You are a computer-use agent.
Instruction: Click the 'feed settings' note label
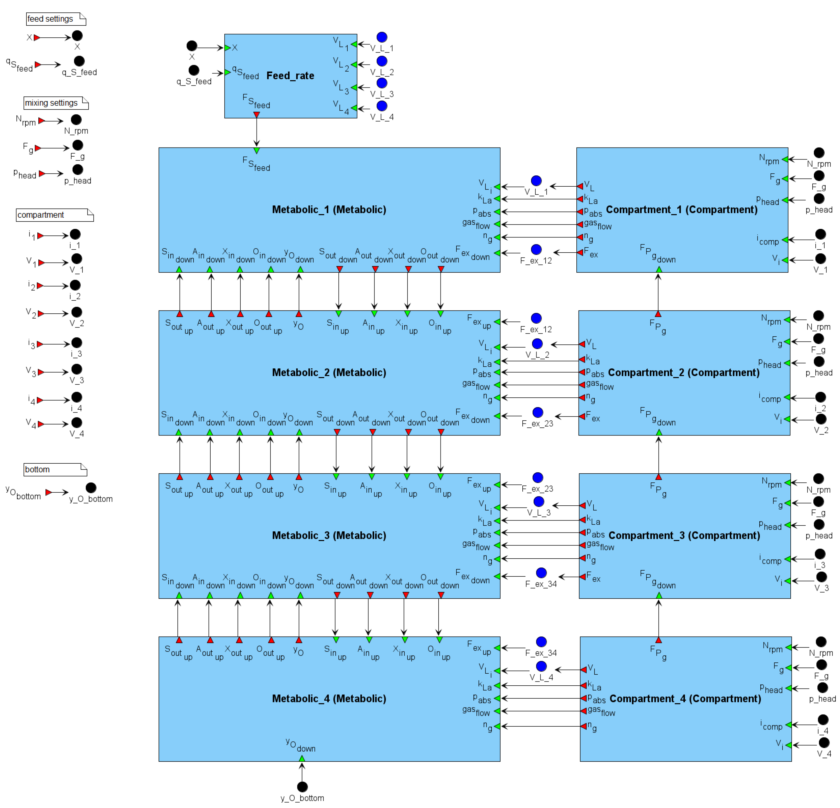point(50,19)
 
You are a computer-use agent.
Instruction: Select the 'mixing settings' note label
point(51,103)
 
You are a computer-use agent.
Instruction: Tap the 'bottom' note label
point(37,469)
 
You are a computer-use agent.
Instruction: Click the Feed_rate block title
point(290,76)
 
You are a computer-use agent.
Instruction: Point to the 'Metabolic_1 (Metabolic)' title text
point(329,210)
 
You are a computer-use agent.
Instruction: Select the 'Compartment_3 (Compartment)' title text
point(684,535)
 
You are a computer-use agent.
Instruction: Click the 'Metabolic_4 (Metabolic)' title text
point(329,699)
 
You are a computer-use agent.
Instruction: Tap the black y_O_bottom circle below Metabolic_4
point(302,787)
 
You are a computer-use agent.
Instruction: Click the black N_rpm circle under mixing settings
point(76,119)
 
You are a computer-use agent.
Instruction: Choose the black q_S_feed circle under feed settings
point(79,61)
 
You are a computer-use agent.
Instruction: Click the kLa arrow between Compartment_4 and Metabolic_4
point(541,685)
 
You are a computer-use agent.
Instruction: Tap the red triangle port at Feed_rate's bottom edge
point(256,115)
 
